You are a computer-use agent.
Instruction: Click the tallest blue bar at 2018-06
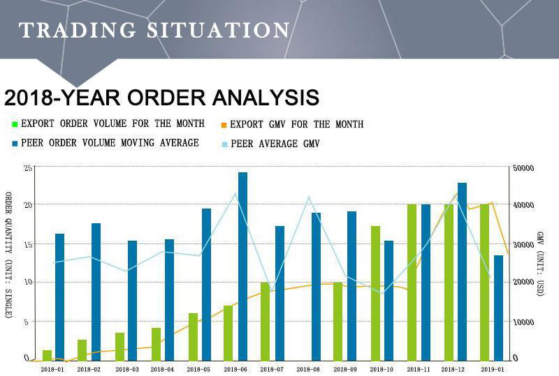pos(242,266)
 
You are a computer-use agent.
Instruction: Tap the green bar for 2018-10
pos(375,293)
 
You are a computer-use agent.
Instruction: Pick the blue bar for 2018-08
pos(316,286)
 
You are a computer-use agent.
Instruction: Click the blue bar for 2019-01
pos(498,308)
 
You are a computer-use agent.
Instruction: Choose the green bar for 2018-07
pos(265,321)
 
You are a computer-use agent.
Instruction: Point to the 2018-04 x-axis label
pos(161,369)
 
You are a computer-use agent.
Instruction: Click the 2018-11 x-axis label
pos(419,369)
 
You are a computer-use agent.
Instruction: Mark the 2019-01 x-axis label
pos(493,369)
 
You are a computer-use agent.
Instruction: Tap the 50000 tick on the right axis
pos(523,168)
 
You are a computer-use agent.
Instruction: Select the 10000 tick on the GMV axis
pos(523,322)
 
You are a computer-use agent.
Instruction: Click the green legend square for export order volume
pos(14,124)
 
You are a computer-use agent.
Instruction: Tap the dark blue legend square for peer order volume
pos(14,144)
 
